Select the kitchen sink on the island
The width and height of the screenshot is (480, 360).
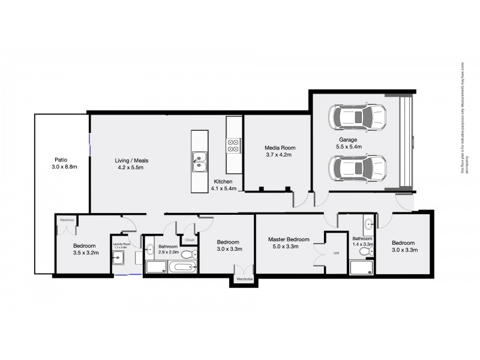199,158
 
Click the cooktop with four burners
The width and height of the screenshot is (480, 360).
233,145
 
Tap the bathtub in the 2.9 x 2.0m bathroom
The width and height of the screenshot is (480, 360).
181,266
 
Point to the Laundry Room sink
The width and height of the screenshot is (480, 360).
118,259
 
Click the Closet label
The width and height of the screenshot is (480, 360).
190,239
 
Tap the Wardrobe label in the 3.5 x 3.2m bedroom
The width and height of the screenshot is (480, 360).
66,220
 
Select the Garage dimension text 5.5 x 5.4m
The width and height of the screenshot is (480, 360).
348,146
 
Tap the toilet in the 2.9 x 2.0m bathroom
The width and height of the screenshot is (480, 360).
189,254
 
